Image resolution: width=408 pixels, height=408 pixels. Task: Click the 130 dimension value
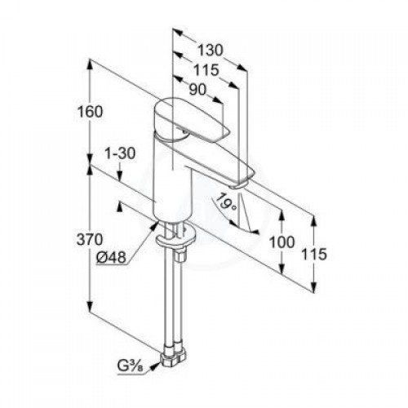tap(211, 51)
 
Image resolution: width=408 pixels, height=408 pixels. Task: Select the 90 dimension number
tap(198, 89)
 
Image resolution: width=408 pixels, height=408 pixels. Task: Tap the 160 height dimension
tap(90, 112)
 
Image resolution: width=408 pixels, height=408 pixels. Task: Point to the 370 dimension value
tap(90, 239)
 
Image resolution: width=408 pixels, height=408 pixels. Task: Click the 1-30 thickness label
tap(120, 153)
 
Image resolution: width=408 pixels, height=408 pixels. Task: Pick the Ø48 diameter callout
tap(112, 257)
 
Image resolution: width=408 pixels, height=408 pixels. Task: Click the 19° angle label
tap(226, 202)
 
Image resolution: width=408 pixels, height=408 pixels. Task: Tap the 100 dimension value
tap(282, 242)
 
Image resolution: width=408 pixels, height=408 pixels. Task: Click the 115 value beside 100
tap(313, 255)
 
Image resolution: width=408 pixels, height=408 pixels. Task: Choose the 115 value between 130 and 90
tap(206, 70)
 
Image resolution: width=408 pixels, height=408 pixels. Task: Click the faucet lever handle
tap(190, 120)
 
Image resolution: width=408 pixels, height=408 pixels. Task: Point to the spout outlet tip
tap(238, 186)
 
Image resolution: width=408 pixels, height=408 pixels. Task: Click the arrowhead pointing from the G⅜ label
tap(154, 366)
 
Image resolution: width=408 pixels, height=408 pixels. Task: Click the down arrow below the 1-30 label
tap(120, 175)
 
